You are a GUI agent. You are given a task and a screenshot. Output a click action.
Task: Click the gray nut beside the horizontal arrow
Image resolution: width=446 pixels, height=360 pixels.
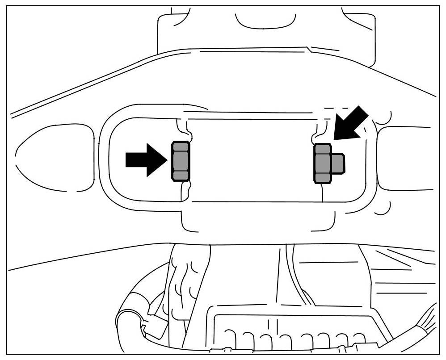click(x=181, y=161)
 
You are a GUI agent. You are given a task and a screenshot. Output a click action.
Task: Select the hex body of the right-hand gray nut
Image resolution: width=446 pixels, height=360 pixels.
click(x=322, y=163)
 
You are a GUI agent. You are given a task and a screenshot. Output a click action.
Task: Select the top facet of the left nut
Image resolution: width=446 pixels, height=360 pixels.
click(x=181, y=147)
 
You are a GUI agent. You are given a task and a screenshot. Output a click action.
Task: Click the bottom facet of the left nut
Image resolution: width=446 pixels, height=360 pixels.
click(x=181, y=176)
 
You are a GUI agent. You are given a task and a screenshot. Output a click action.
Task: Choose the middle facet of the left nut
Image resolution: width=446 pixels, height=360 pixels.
click(x=181, y=161)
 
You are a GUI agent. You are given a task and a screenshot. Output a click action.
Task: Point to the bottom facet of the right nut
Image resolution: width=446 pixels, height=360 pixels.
click(x=322, y=178)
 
